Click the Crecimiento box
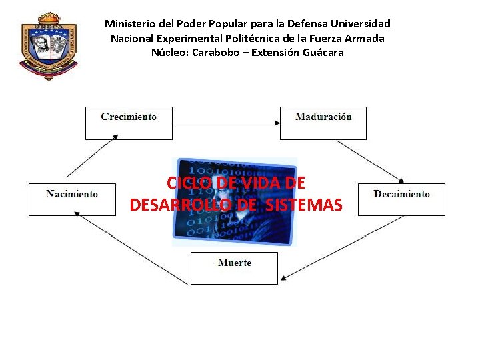129,123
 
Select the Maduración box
323,123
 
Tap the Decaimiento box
401,199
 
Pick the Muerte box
234,268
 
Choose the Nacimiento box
72,199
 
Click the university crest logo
49,45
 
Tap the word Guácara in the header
321,52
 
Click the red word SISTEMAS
303,205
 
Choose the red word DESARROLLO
180,205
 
